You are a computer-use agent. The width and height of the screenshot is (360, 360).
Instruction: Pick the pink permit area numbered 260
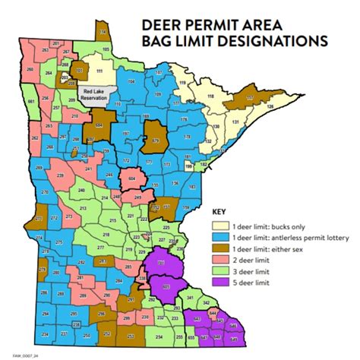30,69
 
